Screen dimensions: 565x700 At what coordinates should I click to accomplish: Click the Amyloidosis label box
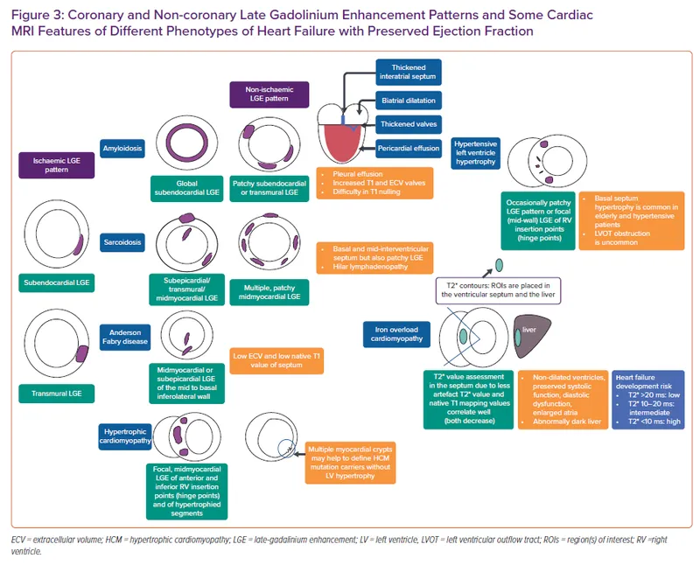coord(122,148)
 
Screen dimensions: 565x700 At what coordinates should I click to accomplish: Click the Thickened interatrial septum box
coord(409,71)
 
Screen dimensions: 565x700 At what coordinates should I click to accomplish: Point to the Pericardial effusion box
coord(409,148)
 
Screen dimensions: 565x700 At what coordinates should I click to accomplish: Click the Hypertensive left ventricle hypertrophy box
coord(477,151)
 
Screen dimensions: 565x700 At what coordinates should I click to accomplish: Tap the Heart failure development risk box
coord(648,399)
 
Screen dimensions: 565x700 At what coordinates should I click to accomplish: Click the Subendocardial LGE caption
coord(58,282)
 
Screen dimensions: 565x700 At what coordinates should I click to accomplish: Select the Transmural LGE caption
coord(57,394)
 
